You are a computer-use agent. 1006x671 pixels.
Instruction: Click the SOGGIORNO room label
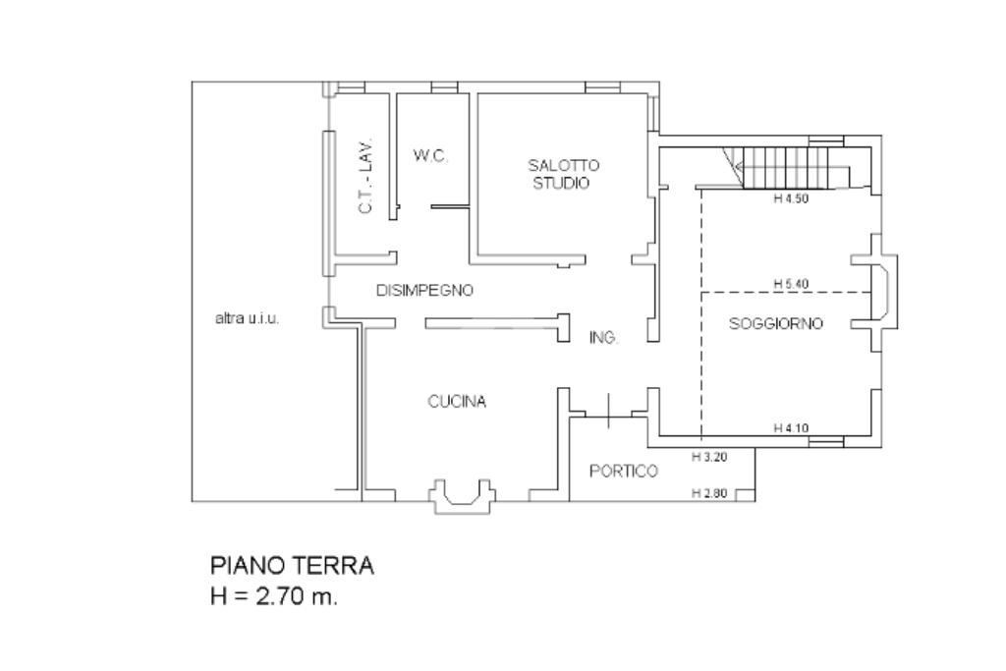776,323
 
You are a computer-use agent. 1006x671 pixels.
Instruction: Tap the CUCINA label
457,402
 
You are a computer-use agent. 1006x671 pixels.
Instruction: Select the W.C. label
430,155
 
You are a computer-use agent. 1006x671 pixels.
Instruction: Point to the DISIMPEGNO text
424,291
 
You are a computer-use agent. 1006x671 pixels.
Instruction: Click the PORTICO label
624,472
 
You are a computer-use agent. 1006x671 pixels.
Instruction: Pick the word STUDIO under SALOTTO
561,184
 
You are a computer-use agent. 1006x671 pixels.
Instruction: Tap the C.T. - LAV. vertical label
365,177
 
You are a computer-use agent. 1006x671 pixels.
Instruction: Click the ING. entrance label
604,337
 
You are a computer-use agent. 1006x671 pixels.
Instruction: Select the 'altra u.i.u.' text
247,318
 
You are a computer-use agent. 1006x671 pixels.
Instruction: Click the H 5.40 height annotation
791,284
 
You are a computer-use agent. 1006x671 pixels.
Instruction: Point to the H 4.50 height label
791,198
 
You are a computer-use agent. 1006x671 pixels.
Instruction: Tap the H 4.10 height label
791,428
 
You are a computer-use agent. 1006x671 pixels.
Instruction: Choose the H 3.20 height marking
709,458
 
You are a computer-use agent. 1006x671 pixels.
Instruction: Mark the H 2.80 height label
709,493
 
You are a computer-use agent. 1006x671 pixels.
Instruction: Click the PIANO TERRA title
292,566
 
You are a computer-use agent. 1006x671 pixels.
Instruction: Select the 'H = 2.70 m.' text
274,596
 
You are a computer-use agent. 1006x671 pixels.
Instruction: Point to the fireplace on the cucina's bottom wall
463,496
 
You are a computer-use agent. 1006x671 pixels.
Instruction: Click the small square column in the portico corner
745,494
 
